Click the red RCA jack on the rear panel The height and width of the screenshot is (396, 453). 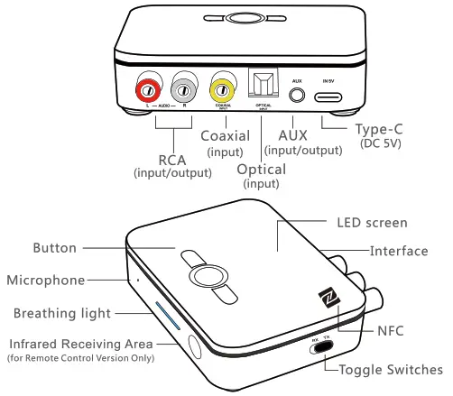tap(148, 90)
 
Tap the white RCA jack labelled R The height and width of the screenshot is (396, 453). tap(184, 90)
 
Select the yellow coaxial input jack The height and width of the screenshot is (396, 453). tap(221, 90)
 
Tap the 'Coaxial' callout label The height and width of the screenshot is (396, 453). tap(225, 136)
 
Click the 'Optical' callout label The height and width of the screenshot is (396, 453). tap(261, 170)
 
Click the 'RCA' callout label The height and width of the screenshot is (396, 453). tap(171, 160)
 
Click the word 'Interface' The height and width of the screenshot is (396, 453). tap(399, 251)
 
